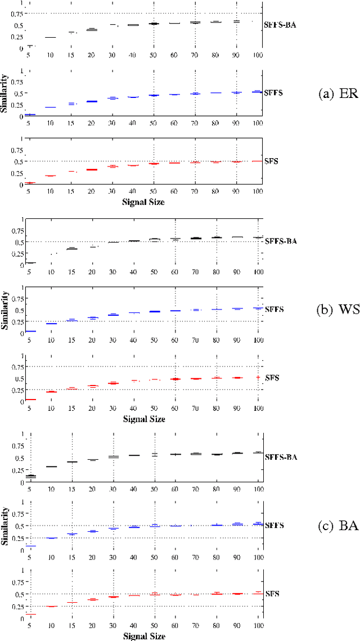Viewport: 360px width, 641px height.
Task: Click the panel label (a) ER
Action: pyautogui.click(x=337, y=94)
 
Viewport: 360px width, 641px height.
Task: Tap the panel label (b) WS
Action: pyautogui.click(x=337, y=310)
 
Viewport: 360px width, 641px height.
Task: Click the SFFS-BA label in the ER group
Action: pyautogui.click(x=281, y=24)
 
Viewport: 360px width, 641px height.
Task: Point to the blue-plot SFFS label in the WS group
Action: pyautogui.click(x=274, y=310)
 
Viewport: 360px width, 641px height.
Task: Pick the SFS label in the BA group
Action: pyautogui.click(x=272, y=594)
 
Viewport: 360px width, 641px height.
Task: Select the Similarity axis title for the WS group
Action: pyautogui.click(x=6, y=310)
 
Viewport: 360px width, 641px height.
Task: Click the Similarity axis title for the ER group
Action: pyautogui.click(x=6, y=93)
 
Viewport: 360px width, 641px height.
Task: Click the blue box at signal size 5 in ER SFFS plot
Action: pyautogui.click(x=30, y=114)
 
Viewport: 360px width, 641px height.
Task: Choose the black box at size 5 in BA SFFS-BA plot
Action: pyautogui.click(x=30, y=476)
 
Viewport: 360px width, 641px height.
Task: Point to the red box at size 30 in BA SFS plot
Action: pyautogui.click(x=113, y=597)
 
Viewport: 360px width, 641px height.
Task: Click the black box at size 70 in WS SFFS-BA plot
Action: pyautogui.click(x=195, y=238)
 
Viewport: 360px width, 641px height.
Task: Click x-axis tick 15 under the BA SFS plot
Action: pyautogui.click(x=71, y=625)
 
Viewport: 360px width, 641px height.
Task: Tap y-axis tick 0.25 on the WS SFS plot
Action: pyautogui.click(x=17, y=390)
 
